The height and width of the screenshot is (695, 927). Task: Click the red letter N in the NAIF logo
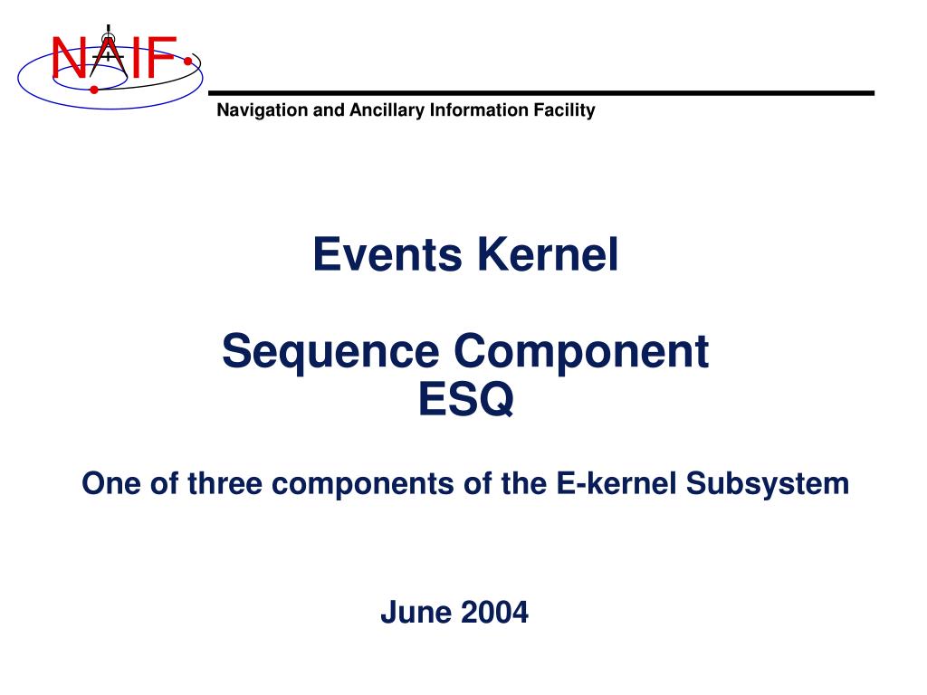(69, 57)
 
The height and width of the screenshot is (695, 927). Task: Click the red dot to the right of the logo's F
(188, 61)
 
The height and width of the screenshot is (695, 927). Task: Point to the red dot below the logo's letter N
(94, 90)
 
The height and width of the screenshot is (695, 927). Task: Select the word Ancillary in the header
(387, 110)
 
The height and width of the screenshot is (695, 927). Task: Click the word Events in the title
(387, 254)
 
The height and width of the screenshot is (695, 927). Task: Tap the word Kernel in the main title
(548, 254)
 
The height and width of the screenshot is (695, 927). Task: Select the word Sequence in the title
(330, 352)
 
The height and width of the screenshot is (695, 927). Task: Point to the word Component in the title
(581, 352)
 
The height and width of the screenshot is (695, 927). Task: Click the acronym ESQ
(466, 399)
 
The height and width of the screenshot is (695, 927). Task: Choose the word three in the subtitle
(225, 483)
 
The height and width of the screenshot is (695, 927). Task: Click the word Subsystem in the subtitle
(768, 484)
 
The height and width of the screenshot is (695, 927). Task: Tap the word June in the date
(416, 613)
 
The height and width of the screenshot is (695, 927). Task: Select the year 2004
(494, 613)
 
